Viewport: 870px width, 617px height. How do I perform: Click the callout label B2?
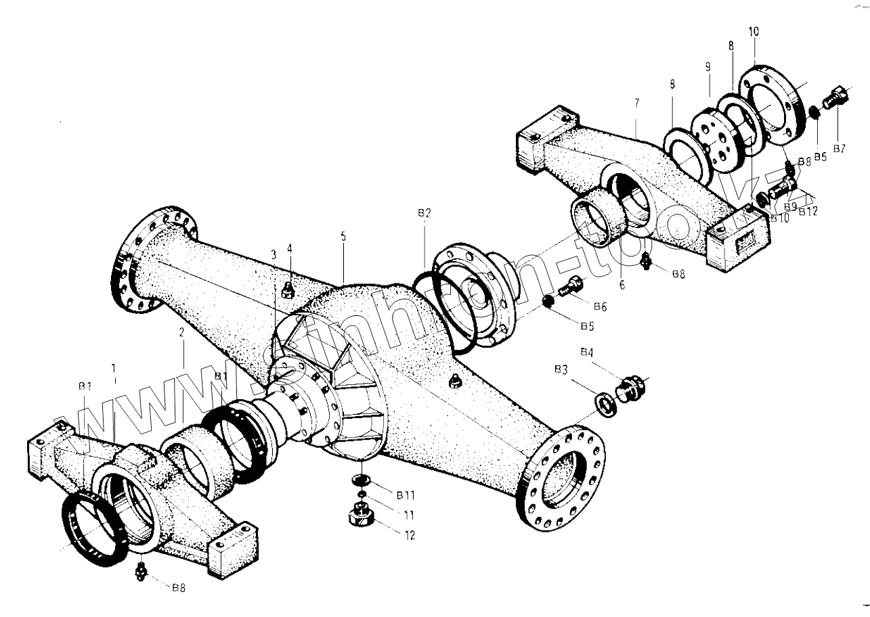tap(424, 212)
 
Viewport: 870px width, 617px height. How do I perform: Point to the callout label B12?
tap(808, 211)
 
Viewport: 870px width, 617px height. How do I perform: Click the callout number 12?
tap(410, 535)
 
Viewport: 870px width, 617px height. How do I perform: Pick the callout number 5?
tap(343, 236)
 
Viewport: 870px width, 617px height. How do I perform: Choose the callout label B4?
tap(587, 352)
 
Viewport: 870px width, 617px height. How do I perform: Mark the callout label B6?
tap(599, 306)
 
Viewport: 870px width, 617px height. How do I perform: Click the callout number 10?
tap(754, 32)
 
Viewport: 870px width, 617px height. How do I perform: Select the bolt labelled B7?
tap(832, 99)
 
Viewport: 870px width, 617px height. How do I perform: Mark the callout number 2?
tap(182, 332)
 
